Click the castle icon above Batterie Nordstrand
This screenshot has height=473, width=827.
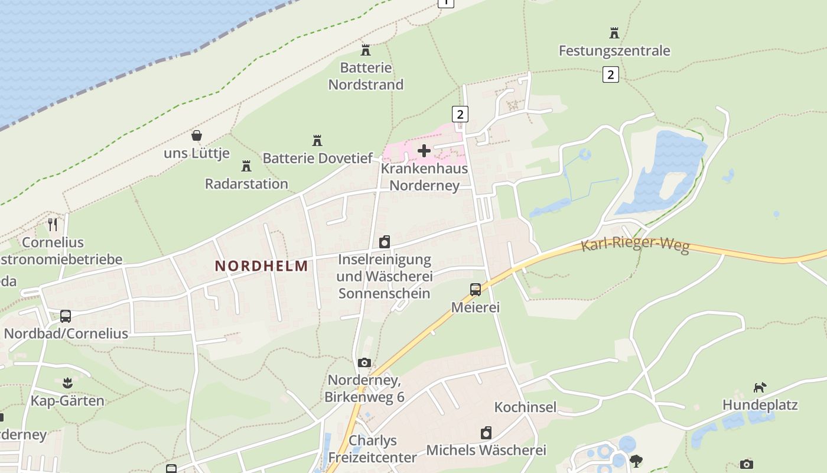pyautogui.click(x=366, y=50)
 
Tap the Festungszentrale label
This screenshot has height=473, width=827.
pyautogui.click(x=614, y=51)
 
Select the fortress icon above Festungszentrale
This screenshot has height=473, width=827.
pyautogui.click(x=614, y=33)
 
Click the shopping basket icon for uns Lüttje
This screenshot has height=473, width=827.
pyautogui.click(x=197, y=136)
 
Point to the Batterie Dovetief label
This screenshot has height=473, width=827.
pyautogui.click(x=318, y=158)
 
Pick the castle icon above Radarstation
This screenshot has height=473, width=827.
pyautogui.click(x=246, y=166)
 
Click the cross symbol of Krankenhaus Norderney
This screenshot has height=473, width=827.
pyautogui.click(x=424, y=151)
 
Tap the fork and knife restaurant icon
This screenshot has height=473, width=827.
pyautogui.click(x=53, y=225)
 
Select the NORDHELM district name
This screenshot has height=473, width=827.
pyautogui.click(x=262, y=266)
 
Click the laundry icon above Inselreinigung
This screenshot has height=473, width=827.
pyautogui.click(x=385, y=242)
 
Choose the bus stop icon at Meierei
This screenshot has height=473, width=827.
pyautogui.click(x=476, y=290)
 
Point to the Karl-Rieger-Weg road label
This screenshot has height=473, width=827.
pyautogui.click(x=635, y=244)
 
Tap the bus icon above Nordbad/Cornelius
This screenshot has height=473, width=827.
pyautogui.click(x=66, y=316)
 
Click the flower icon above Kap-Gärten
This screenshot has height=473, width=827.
pyautogui.click(x=67, y=383)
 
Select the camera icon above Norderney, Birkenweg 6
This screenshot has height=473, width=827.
pyautogui.click(x=364, y=362)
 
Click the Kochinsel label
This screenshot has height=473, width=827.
pyautogui.click(x=525, y=407)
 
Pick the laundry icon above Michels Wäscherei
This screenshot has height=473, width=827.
pyautogui.click(x=486, y=433)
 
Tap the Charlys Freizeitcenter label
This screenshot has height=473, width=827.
pyautogui.click(x=372, y=449)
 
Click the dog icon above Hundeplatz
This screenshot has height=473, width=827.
pyautogui.click(x=760, y=388)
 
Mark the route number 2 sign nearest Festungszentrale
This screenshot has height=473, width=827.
pyautogui.click(x=611, y=74)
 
